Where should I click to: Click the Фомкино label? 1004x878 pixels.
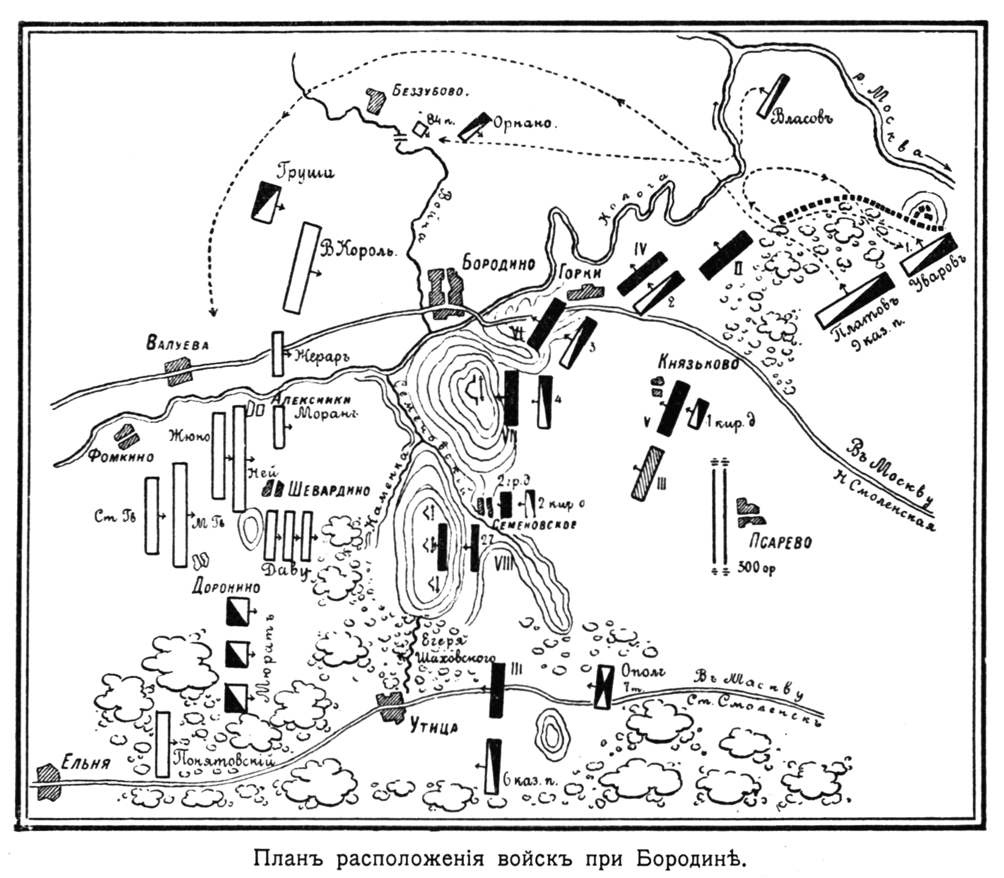coord(121,457)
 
